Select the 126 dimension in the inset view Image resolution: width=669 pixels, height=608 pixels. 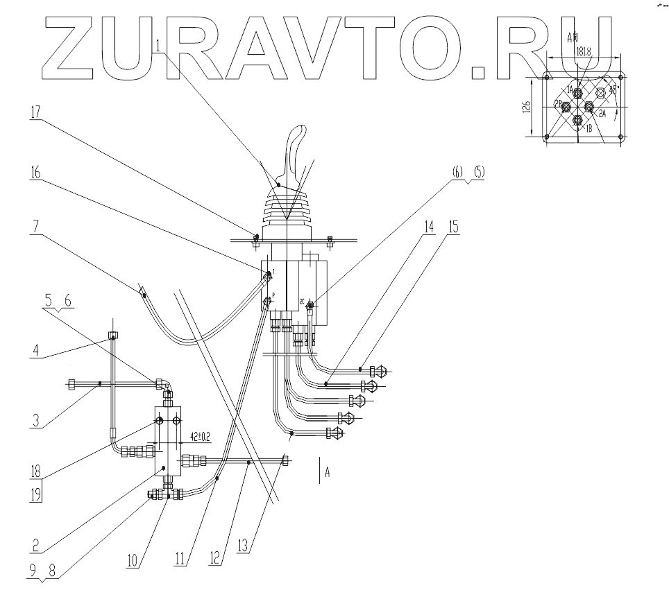(527, 107)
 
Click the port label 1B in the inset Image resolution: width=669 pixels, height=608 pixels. (588, 129)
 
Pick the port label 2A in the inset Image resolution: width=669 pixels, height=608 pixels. (602, 113)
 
